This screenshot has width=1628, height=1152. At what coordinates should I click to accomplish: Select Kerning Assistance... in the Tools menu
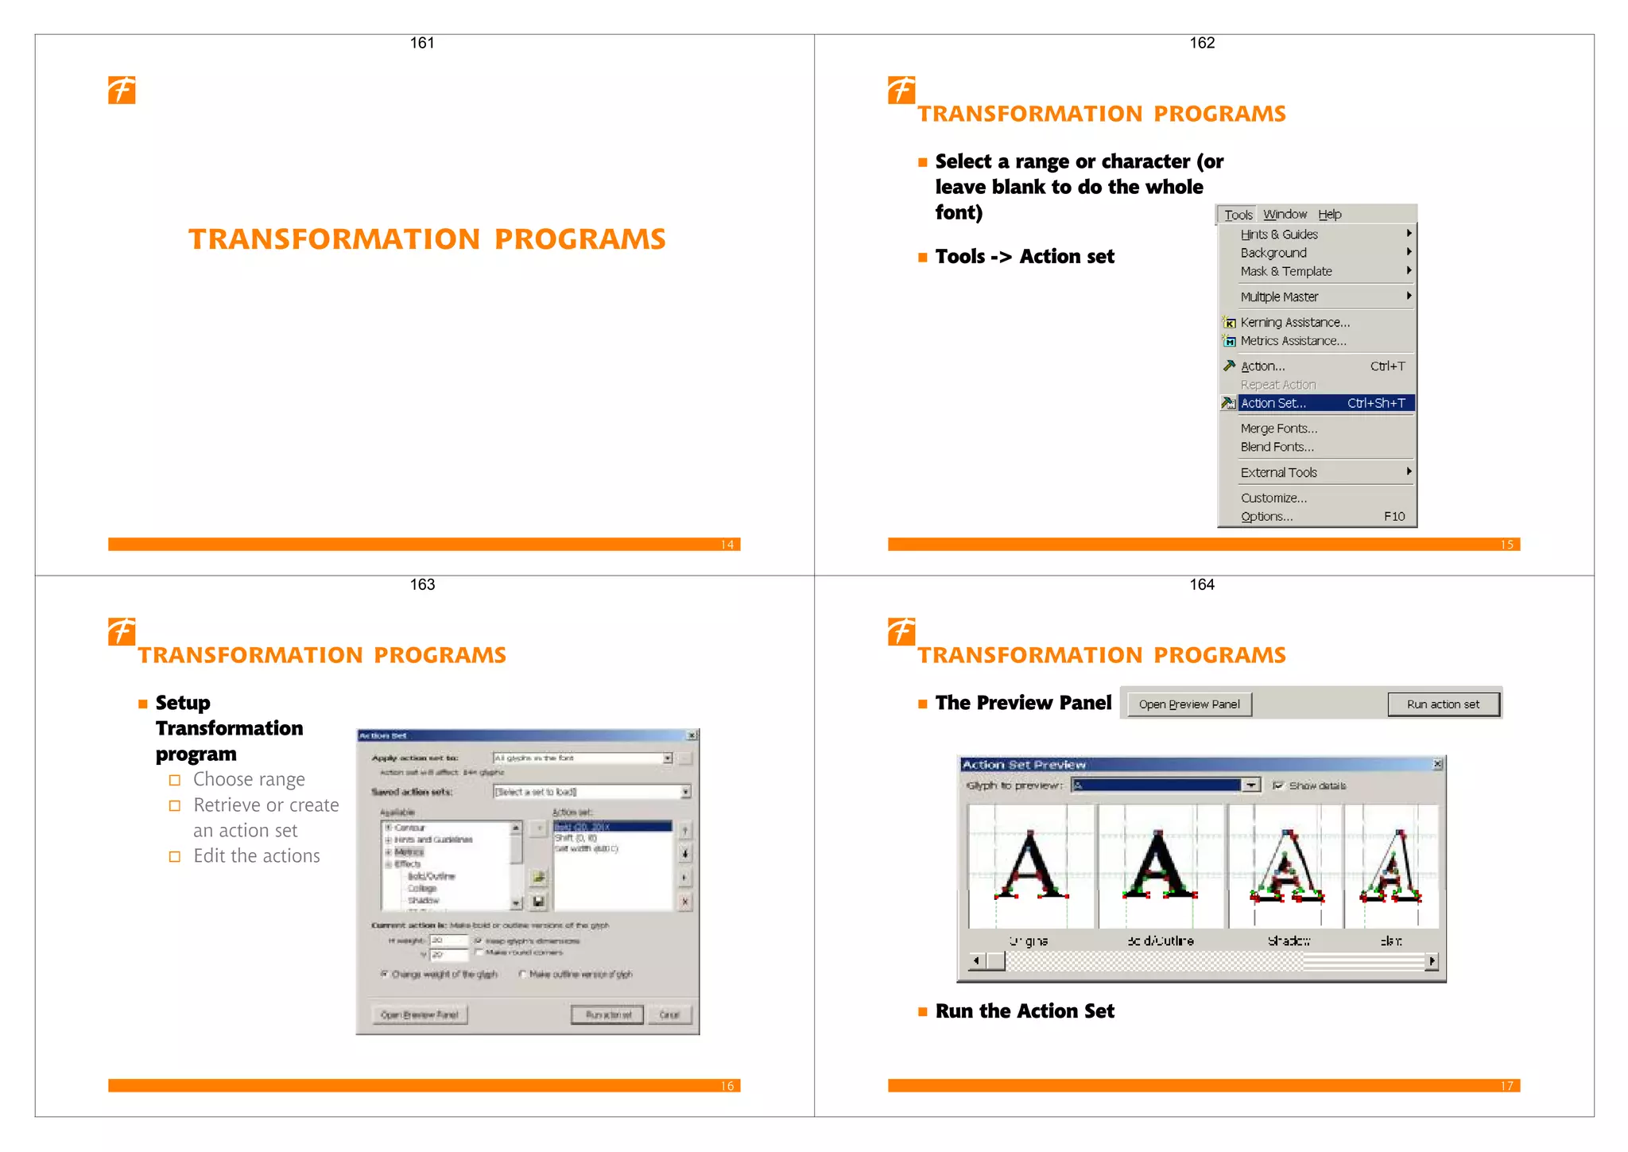[x=1294, y=322]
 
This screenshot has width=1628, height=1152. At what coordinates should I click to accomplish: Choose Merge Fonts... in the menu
[x=1278, y=429]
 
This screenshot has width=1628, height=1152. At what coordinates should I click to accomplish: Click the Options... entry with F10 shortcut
[x=1266, y=517]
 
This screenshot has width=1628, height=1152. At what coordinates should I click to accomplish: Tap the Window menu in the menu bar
[x=1285, y=215]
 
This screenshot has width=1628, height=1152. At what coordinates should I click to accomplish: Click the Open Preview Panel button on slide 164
[x=1188, y=704]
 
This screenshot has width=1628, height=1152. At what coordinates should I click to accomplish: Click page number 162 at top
[x=1201, y=43]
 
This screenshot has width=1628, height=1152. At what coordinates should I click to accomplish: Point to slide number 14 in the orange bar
[x=727, y=545]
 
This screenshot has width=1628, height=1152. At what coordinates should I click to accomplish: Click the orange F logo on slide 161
[x=122, y=90]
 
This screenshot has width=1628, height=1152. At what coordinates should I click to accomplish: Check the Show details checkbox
[x=1277, y=785]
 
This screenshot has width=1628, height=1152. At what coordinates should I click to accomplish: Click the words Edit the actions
[x=256, y=856]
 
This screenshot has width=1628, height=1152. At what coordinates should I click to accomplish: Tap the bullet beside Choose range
[x=175, y=780]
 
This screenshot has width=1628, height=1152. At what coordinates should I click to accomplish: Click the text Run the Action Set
[x=1024, y=1011]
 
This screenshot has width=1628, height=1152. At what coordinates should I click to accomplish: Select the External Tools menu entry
[x=1278, y=472]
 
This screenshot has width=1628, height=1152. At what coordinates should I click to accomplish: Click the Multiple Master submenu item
[x=1279, y=297]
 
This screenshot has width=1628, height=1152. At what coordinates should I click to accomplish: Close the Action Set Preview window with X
[x=1437, y=764]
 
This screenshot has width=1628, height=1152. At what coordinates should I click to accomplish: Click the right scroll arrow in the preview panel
[x=1432, y=961]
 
